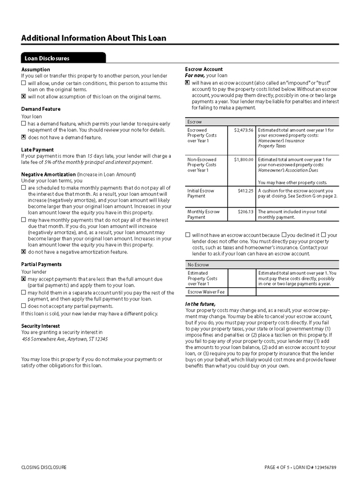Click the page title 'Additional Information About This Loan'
[94, 38]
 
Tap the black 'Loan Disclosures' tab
[47, 58]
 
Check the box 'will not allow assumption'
[23, 97]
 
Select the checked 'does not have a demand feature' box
[23, 137]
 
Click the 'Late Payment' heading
[38, 150]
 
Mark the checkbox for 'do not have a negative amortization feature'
[23, 251]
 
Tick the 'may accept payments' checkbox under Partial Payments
[23, 279]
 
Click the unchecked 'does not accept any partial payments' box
[23, 306]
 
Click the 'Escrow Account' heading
[204, 69]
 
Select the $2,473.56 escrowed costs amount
[243, 130]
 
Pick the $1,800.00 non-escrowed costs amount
[243, 159]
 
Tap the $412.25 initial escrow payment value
[245, 190]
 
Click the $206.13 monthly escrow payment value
[245, 211]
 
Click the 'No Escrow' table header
[198, 265]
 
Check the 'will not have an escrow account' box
[188, 235]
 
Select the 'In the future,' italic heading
[200, 304]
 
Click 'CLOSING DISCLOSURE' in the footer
[44, 467]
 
